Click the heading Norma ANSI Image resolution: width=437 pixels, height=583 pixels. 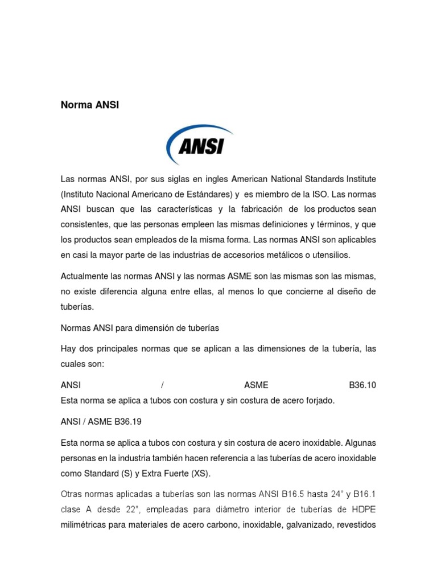(90, 105)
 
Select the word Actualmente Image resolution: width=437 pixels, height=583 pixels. (84, 276)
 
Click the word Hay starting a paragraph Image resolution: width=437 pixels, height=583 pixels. (68, 348)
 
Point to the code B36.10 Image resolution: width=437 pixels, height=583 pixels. (362, 385)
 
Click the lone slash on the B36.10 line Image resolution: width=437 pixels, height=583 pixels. (163, 385)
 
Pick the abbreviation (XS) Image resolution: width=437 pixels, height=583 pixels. (200, 474)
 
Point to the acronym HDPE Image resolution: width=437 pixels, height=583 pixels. (364, 510)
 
